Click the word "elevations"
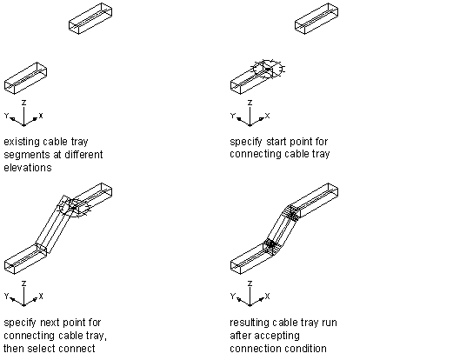[x=28, y=168]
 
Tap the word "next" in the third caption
[x=50, y=323]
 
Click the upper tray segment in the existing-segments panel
[x=90, y=18]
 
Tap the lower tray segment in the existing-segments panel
[x=25, y=78]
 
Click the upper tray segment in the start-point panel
[x=316, y=18]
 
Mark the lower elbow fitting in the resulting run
[x=271, y=245]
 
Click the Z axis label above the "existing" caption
[x=24, y=103]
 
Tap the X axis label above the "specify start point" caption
[x=267, y=116]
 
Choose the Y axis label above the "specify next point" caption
[x=7, y=296]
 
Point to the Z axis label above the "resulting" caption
[x=250, y=283]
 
